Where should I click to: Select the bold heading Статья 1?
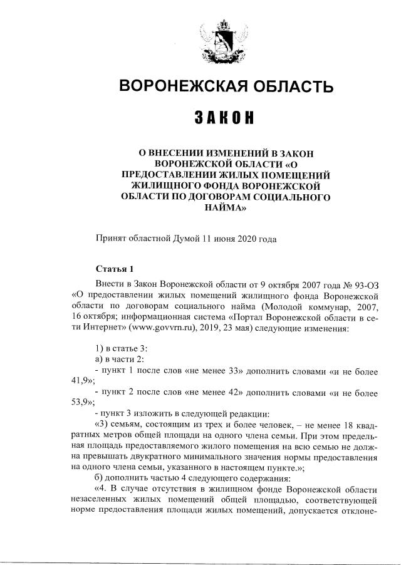[114, 269]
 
